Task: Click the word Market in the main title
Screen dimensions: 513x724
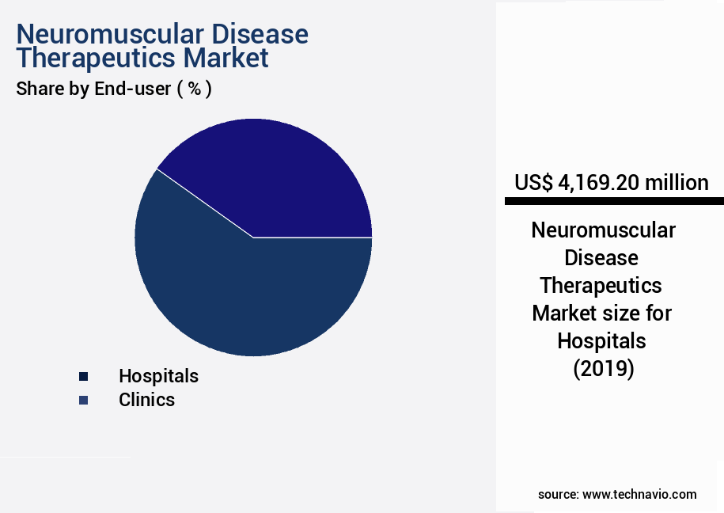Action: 225,59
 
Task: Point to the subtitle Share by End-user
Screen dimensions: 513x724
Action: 93,89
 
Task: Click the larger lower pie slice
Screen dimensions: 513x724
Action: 237,293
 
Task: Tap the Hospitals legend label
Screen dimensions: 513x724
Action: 158,376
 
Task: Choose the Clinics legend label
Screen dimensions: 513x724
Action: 146,400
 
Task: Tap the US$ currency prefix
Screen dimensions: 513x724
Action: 534,183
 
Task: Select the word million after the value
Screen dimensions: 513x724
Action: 677,183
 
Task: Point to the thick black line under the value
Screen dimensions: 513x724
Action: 614,202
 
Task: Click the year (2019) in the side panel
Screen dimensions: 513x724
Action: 603,369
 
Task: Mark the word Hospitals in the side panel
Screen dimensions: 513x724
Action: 602,341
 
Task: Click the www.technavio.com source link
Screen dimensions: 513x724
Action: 639,495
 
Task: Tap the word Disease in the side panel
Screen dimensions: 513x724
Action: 602,258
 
